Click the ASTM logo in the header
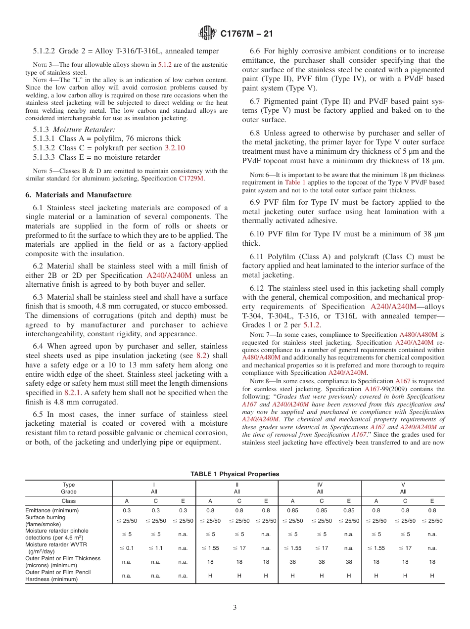point(207,33)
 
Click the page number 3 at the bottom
point(235,607)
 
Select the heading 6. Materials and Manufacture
point(78,195)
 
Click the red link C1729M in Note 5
point(191,179)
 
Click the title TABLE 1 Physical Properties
point(235,474)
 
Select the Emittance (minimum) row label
point(52,510)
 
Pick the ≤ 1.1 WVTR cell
point(155,547)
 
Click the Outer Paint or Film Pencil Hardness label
point(58,575)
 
